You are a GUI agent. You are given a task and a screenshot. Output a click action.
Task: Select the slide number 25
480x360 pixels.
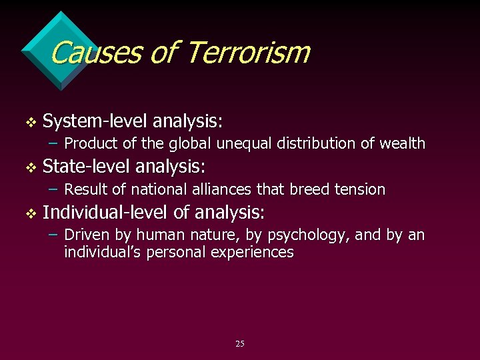pyautogui.click(x=240, y=343)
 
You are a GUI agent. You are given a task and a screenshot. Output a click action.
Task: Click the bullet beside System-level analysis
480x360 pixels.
pyautogui.click(x=28, y=122)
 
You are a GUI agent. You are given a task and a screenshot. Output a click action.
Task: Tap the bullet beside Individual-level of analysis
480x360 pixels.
pyautogui.click(x=28, y=214)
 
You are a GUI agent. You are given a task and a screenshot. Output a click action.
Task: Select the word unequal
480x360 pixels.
pyautogui.click(x=237, y=143)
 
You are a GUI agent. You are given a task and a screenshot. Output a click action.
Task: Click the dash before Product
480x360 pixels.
pyautogui.click(x=55, y=143)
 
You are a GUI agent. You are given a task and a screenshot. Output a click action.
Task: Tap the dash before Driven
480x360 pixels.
pyautogui.click(x=55, y=236)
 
